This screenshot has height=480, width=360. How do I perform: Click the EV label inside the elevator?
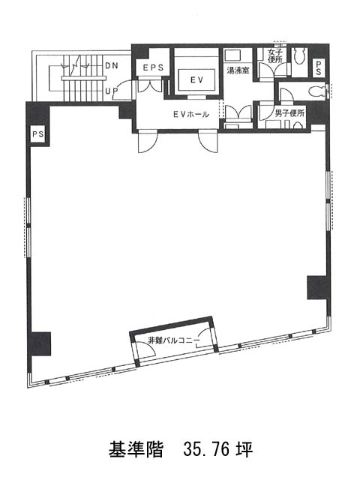[x=196, y=80]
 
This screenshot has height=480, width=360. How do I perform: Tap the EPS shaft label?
[x=153, y=67]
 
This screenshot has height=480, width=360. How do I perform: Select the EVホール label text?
[x=191, y=115]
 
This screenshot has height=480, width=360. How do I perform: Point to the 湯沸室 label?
[x=238, y=70]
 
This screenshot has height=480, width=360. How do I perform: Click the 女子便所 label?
[x=275, y=55]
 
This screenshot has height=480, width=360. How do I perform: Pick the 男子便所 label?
[x=289, y=113]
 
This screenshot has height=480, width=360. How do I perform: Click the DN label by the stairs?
[x=112, y=65]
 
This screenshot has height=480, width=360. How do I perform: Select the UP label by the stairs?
[x=112, y=91]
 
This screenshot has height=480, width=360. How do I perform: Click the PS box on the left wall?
[x=38, y=134]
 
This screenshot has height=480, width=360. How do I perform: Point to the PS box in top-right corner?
[x=319, y=67]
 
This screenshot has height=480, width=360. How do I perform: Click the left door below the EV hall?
[x=148, y=142]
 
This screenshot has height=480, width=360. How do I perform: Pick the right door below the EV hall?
[x=208, y=141]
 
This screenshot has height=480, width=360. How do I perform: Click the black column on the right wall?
[x=319, y=287]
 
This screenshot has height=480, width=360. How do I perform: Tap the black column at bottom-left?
[x=39, y=343]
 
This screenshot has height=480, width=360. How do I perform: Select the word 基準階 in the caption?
[x=136, y=449]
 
